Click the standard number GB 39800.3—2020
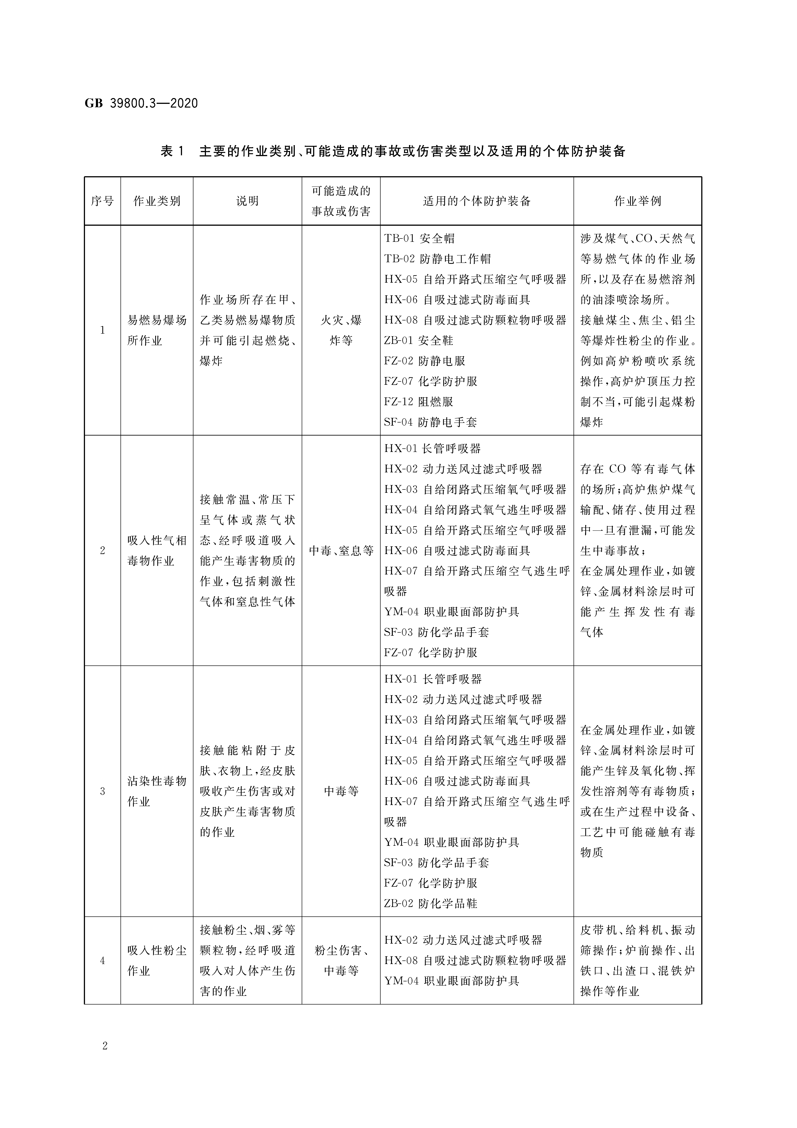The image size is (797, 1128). tap(141, 103)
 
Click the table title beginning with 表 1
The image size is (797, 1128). tap(393, 151)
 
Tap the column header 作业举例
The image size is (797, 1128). tap(637, 201)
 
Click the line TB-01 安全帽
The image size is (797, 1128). tap(419, 239)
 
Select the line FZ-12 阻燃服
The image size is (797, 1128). tap(418, 402)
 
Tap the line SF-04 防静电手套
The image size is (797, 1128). tap(430, 422)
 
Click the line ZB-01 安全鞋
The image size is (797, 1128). tap(418, 341)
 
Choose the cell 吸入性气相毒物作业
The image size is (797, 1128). tap(157, 551)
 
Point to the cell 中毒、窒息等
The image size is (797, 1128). tap(341, 551)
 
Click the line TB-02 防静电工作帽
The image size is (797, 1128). tap(437, 259)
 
